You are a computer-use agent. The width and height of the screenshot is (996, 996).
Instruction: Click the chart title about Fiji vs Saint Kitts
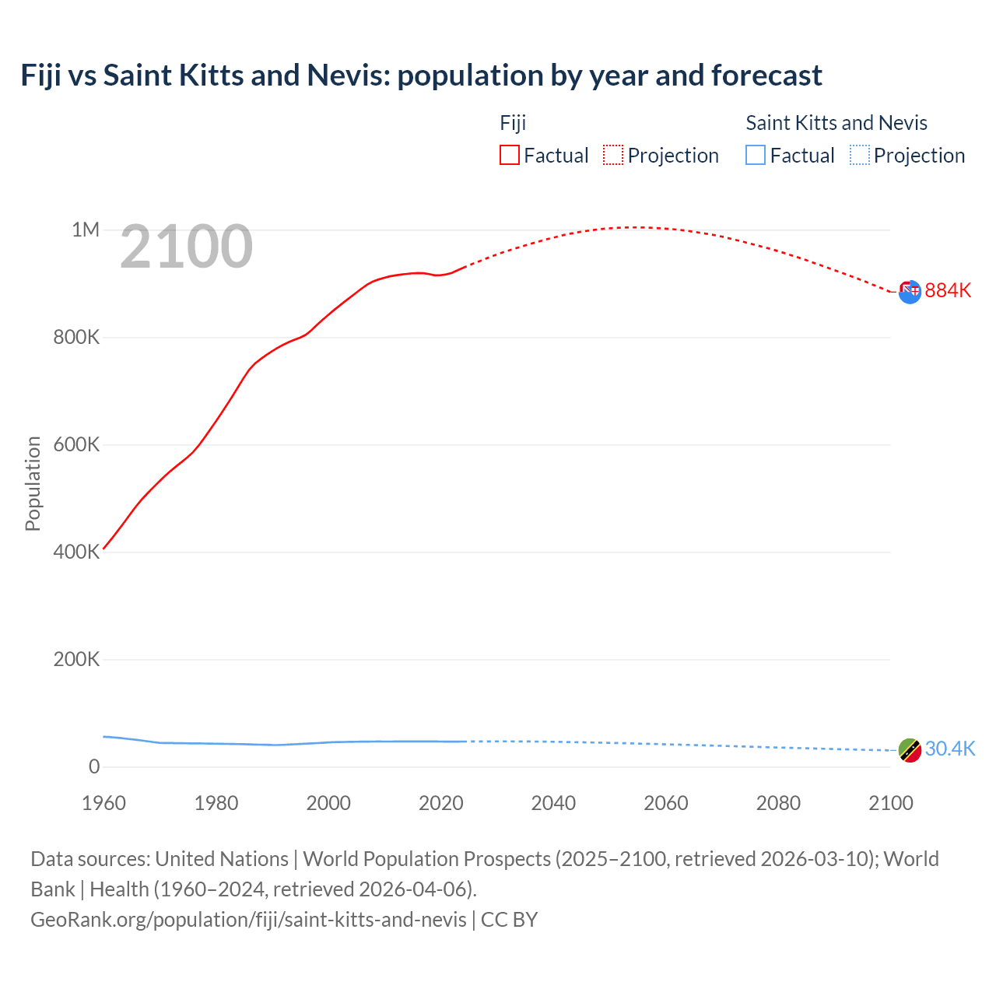click(x=421, y=75)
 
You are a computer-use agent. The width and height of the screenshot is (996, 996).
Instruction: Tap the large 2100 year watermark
click(x=186, y=247)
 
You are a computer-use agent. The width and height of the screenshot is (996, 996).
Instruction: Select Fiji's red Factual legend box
click(x=509, y=155)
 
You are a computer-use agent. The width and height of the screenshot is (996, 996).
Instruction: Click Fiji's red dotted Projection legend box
click(x=613, y=155)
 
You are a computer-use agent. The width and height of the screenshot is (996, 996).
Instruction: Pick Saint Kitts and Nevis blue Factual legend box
click(x=755, y=155)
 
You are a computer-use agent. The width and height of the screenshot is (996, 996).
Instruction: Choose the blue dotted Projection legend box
click(x=859, y=155)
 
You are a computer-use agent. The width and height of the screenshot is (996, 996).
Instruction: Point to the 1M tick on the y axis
click(x=86, y=230)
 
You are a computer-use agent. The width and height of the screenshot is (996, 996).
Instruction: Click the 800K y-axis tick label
click(x=76, y=337)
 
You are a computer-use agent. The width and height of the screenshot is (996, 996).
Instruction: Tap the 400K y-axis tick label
click(x=76, y=552)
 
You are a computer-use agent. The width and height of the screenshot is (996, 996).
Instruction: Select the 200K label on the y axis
click(x=76, y=659)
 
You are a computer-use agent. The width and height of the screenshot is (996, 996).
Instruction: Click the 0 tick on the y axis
click(x=94, y=766)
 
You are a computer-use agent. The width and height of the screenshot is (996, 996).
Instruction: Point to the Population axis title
click(x=33, y=483)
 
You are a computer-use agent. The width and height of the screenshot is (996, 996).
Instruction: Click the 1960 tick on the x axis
click(x=103, y=803)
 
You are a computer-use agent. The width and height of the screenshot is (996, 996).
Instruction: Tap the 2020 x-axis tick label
click(x=440, y=803)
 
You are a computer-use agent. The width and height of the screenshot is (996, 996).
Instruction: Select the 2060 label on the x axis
click(x=665, y=803)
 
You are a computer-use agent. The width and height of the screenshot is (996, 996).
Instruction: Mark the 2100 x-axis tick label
click(x=890, y=803)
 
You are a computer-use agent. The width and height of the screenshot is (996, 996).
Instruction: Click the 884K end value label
click(x=948, y=290)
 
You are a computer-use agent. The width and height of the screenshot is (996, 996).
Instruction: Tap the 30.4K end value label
click(x=949, y=749)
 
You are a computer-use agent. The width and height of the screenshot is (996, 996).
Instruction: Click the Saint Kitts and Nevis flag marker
click(x=910, y=750)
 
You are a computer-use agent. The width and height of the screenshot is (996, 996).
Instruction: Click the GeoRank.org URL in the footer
click(x=248, y=919)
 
